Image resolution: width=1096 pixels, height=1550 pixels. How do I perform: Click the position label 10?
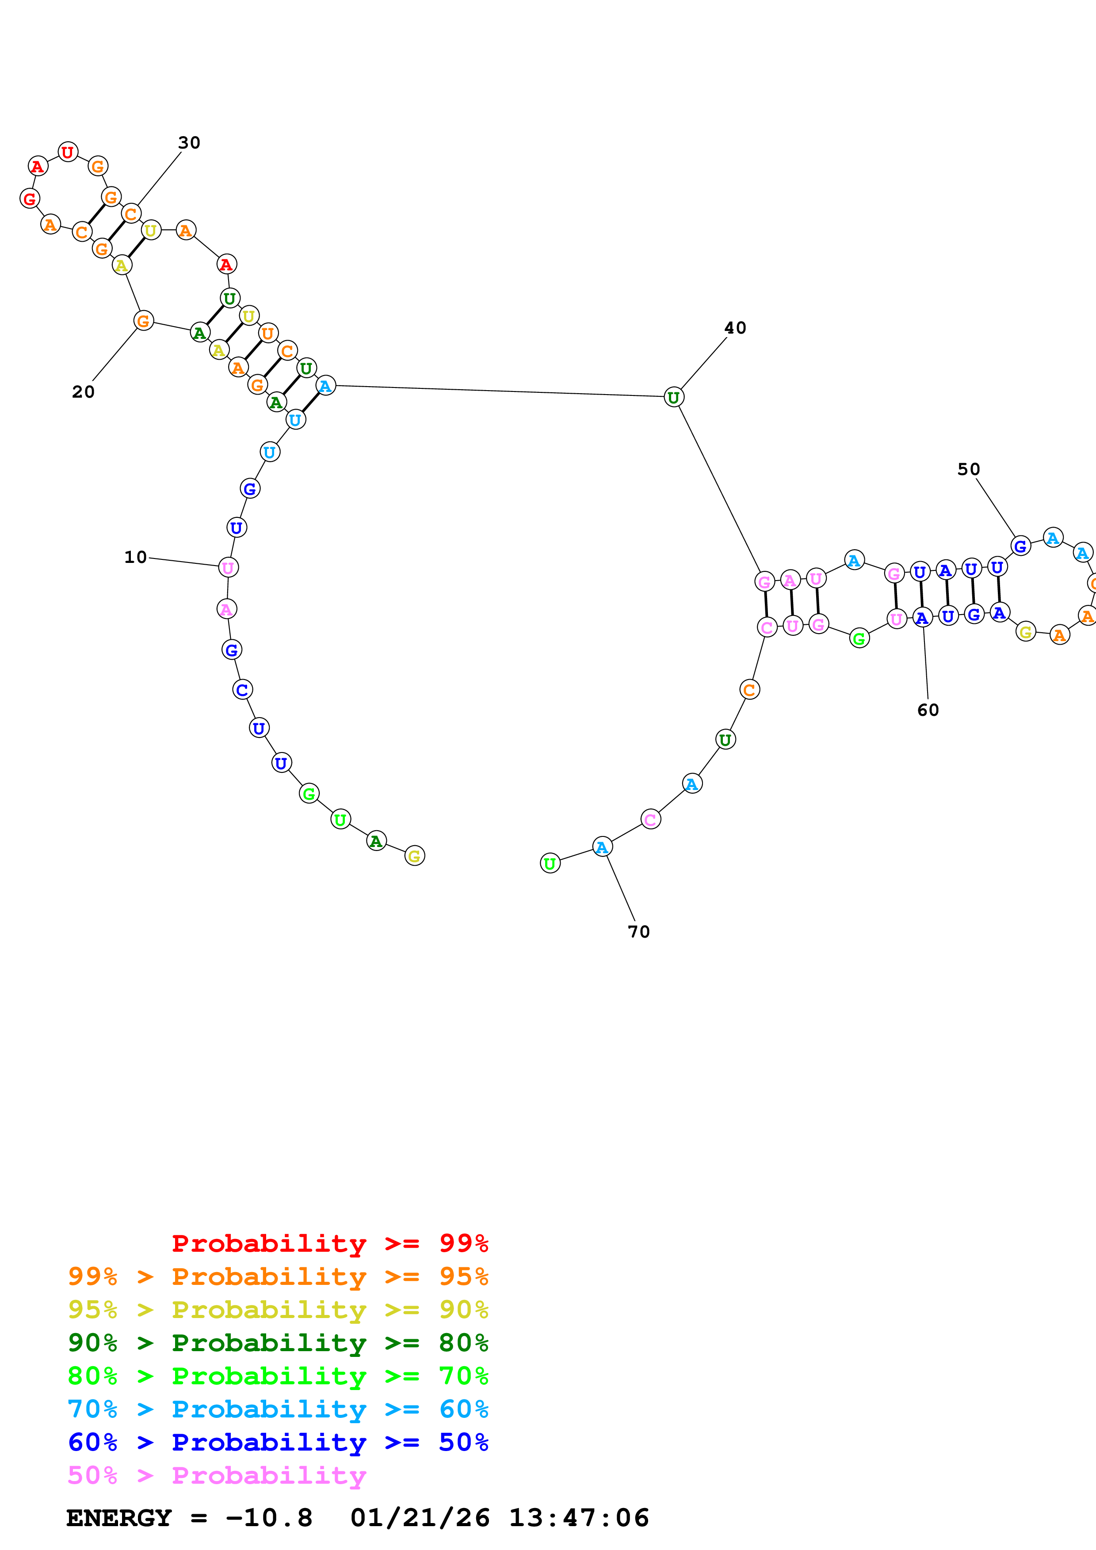135,557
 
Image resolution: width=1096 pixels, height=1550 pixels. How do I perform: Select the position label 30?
189,142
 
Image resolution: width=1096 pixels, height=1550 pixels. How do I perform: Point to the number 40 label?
735,328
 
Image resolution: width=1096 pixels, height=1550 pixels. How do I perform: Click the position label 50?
968,469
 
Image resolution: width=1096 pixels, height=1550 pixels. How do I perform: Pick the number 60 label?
928,710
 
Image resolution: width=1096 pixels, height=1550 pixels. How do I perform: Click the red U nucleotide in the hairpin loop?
68,152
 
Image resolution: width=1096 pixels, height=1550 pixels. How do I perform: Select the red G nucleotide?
30,198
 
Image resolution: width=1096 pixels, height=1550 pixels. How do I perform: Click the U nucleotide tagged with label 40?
673,398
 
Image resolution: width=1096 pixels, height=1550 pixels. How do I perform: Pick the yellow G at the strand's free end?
415,856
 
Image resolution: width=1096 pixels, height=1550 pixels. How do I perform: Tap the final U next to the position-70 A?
550,863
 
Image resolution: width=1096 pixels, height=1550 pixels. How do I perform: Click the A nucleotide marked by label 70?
602,847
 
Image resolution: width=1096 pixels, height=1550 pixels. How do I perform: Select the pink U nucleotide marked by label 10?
228,568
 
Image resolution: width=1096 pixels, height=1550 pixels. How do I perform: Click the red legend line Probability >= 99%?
329,1243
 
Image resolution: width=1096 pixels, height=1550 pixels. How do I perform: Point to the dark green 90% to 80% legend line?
278,1343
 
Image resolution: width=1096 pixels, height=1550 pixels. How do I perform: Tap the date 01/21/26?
420,1518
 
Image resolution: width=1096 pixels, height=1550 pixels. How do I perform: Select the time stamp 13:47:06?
579,1518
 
